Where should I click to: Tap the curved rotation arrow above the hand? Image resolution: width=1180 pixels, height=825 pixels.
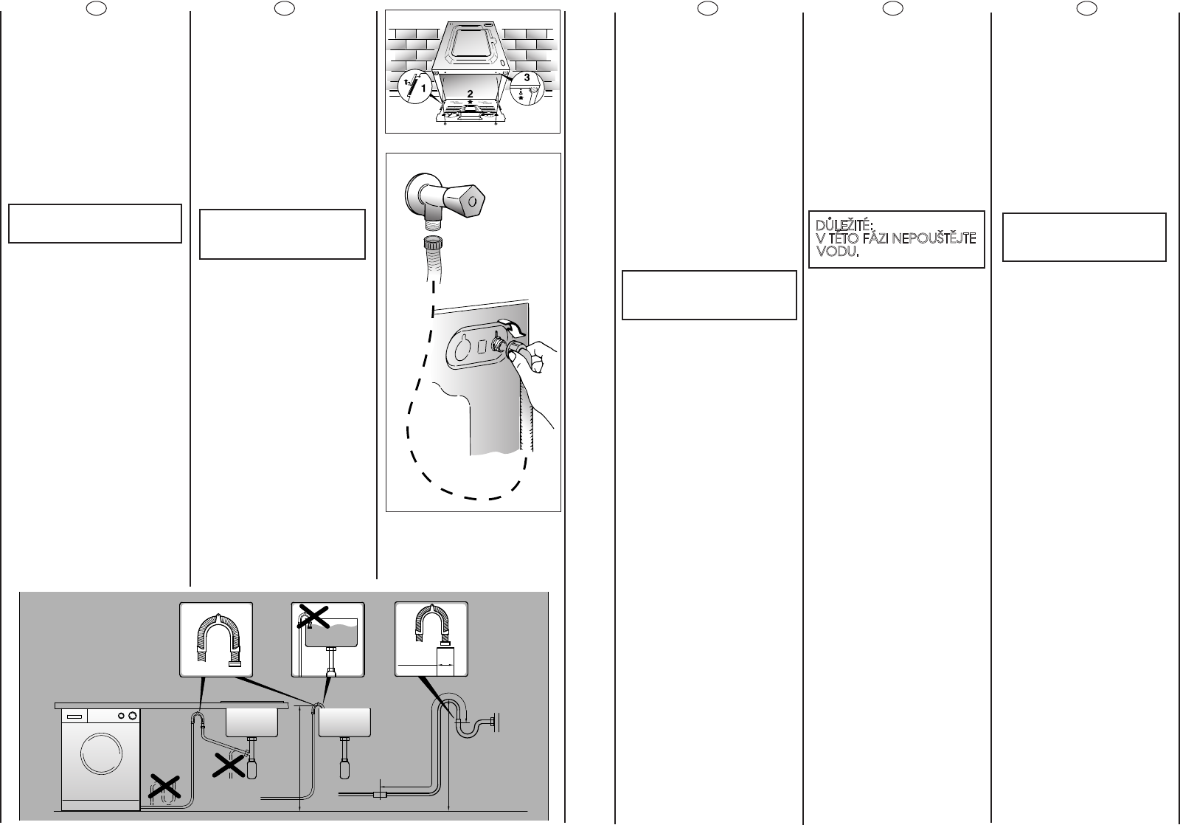(508, 325)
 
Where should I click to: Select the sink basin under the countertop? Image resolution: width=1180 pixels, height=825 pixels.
(251, 720)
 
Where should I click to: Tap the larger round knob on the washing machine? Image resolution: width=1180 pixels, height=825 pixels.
(132, 716)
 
